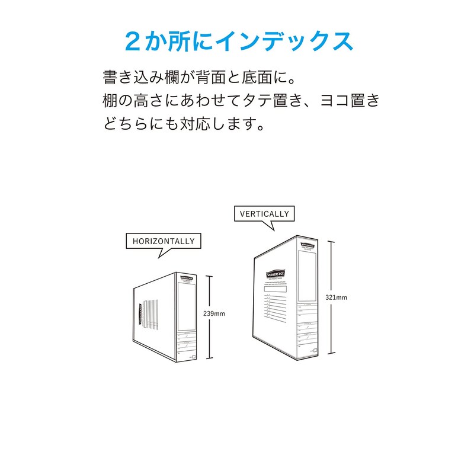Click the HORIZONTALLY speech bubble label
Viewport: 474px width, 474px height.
click(x=164, y=241)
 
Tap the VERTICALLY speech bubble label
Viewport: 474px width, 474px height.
click(x=264, y=214)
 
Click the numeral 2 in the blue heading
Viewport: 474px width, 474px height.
click(x=133, y=41)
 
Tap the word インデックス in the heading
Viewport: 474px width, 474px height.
click(x=284, y=41)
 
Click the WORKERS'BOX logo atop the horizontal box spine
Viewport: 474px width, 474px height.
click(x=186, y=277)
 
